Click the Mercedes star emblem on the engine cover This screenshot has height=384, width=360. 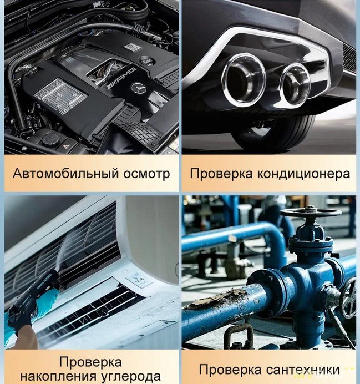139,88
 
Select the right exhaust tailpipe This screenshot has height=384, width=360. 296,84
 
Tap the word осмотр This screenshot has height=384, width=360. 146,174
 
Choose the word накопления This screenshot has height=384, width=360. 58,376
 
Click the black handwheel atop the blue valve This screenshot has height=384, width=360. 310,213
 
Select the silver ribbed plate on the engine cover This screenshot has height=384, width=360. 60,96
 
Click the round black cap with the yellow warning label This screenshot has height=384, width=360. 50,140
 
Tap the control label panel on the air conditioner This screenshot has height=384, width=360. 139,280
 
